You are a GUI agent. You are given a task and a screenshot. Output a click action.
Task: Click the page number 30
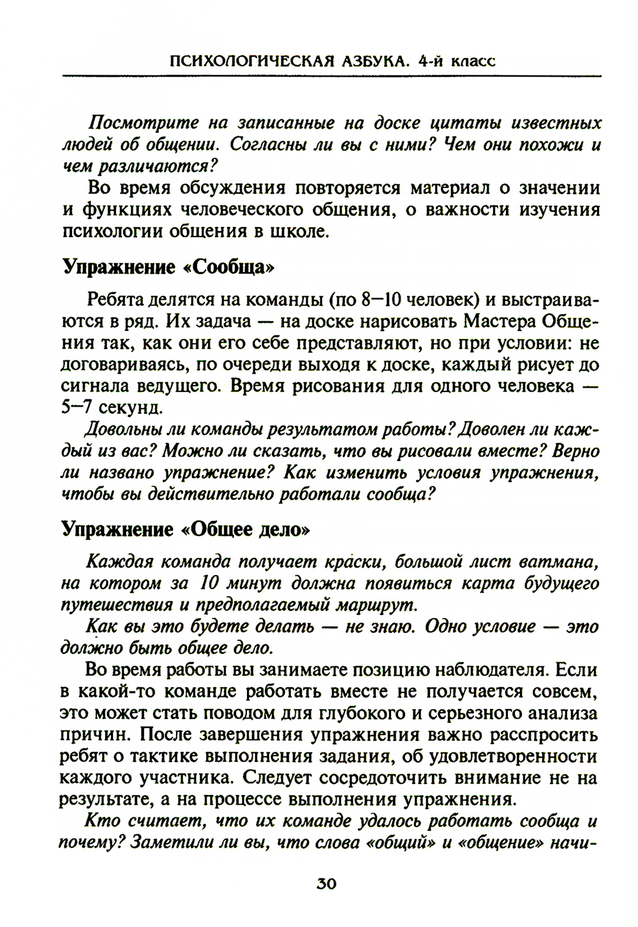point(325,884)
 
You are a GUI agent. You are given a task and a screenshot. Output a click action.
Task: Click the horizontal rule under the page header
point(332,77)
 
